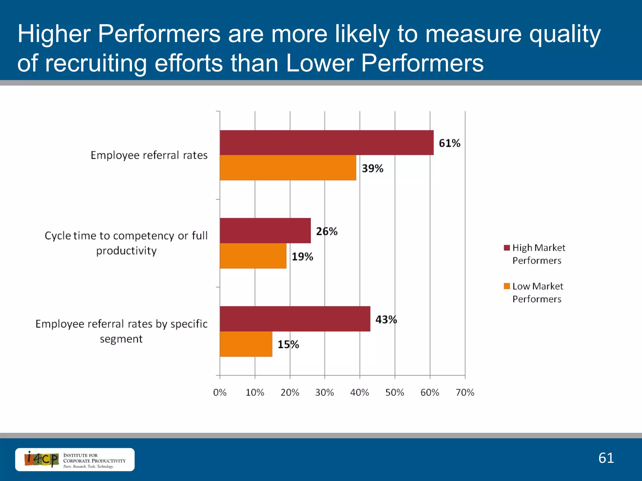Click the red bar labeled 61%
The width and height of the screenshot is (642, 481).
pos(327,142)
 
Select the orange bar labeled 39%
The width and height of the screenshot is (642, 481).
pos(288,168)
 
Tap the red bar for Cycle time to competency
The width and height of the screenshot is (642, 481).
pos(265,231)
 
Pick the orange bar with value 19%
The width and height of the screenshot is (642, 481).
pos(253,256)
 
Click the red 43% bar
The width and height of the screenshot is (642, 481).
pos(295,319)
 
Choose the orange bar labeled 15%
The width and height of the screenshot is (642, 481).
pos(246,344)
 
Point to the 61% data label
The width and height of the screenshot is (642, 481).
pos(449,143)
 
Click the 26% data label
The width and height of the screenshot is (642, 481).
pos(327,231)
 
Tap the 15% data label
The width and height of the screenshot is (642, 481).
pos(288,344)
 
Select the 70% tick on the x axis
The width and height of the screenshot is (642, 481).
pos(465,392)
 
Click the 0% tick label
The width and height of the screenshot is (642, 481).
pos(220,392)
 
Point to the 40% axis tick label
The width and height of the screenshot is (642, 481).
pos(360,392)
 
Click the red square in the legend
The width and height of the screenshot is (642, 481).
pos(507,248)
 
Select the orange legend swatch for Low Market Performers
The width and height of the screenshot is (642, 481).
pos(507,286)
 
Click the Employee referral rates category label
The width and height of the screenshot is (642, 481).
pos(149,155)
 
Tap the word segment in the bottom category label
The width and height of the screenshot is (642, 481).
pos(121,339)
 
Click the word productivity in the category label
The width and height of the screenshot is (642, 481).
pos(126,251)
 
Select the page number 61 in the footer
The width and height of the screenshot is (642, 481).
pos(606,458)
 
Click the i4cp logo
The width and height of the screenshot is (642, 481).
pos(42,459)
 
